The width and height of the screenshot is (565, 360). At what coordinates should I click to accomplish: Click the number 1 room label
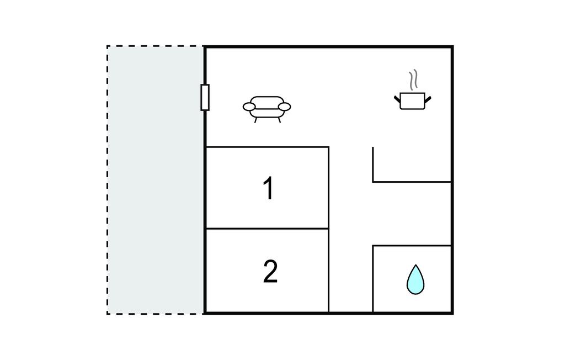coord(269,188)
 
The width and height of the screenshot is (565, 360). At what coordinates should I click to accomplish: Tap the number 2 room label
coord(270,272)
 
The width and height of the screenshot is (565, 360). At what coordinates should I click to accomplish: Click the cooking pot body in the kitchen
coord(413,101)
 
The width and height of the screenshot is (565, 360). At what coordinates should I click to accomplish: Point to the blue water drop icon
coord(415,279)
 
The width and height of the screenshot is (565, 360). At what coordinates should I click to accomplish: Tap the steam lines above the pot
coord(413,80)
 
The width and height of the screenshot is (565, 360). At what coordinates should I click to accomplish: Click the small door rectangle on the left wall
coord(205,97)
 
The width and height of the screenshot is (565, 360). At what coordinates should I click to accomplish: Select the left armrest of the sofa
coord(249,107)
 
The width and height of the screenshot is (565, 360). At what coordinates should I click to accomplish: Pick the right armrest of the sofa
coord(285,107)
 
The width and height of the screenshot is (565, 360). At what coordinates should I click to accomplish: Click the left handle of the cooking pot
coord(397,98)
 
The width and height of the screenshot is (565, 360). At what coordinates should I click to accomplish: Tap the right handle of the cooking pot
coord(428,98)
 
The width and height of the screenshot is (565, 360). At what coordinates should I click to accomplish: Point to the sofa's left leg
coord(256,120)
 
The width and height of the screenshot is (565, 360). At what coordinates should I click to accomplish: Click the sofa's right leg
coord(279,120)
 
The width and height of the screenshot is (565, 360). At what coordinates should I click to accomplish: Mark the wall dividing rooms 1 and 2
coord(267,229)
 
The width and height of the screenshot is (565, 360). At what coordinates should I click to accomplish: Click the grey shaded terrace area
coord(156,180)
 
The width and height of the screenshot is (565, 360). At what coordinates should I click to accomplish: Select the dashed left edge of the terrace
coord(108,180)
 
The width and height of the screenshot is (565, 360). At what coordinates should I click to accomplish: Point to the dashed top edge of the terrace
coord(156,46)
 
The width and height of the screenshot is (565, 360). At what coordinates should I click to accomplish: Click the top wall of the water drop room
coord(412,246)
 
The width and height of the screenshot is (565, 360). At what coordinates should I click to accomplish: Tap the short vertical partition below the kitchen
coord(373,164)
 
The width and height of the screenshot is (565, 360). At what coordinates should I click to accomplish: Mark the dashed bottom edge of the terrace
coord(156,314)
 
